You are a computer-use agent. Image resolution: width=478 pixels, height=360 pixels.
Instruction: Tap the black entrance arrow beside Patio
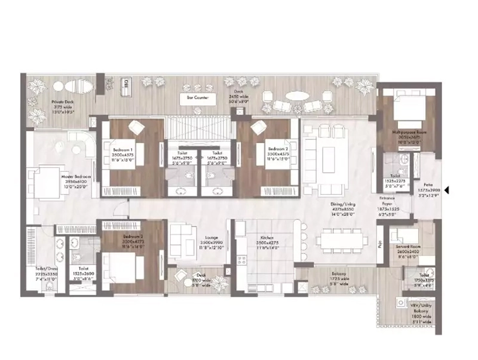[x=448, y=191]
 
